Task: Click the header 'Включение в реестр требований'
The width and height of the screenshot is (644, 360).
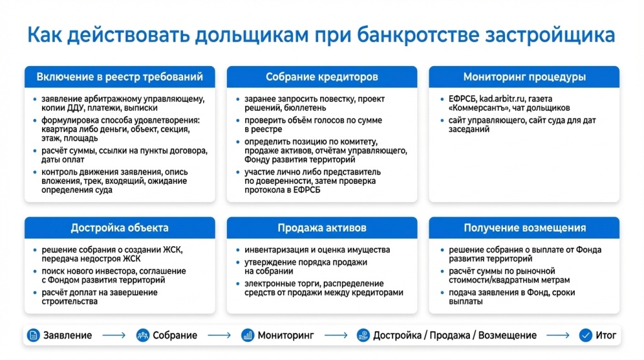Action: point(119,77)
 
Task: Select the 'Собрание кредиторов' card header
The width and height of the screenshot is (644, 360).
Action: point(322,77)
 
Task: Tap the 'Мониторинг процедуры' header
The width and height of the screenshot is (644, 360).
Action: point(524,77)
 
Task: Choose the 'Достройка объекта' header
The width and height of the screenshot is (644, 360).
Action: point(119,228)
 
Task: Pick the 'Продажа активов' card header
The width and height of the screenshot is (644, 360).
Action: point(322,228)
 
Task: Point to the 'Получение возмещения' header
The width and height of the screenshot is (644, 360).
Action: point(524,228)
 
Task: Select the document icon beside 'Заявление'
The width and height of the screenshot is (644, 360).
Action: point(33,335)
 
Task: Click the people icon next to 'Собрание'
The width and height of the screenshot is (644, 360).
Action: point(143,335)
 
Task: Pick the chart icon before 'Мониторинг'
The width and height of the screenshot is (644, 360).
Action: point(247,335)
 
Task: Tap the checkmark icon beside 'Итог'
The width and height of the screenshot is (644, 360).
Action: point(586,335)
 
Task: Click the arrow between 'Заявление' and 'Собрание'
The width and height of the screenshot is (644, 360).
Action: point(114,335)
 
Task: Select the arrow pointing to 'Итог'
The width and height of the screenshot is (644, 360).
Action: point(558,335)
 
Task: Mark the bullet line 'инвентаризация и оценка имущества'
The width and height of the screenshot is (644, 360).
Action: point(318,250)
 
